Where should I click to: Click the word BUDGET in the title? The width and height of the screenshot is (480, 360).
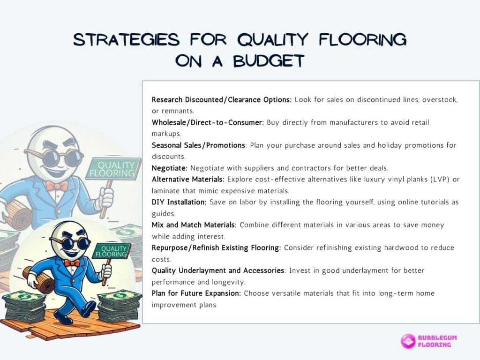(269, 60)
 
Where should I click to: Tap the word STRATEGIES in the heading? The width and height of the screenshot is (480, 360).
(127, 39)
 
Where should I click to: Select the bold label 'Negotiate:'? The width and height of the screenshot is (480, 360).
(169, 168)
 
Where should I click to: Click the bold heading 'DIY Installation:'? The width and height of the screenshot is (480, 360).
(179, 202)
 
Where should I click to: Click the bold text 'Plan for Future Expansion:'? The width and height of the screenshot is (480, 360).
(196, 293)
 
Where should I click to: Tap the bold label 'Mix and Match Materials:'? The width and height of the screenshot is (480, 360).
(194, 225)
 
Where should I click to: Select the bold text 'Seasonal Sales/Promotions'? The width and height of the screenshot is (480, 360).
(198, 145)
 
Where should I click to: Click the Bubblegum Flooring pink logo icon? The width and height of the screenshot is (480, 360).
(408, 341)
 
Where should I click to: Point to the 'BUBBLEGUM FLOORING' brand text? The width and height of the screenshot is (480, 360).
(437, 341)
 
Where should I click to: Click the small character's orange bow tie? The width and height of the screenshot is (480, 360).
(72, 262)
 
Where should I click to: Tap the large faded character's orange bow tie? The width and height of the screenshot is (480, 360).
(57, 186)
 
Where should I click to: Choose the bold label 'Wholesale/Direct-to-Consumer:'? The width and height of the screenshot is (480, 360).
(208, 122)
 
